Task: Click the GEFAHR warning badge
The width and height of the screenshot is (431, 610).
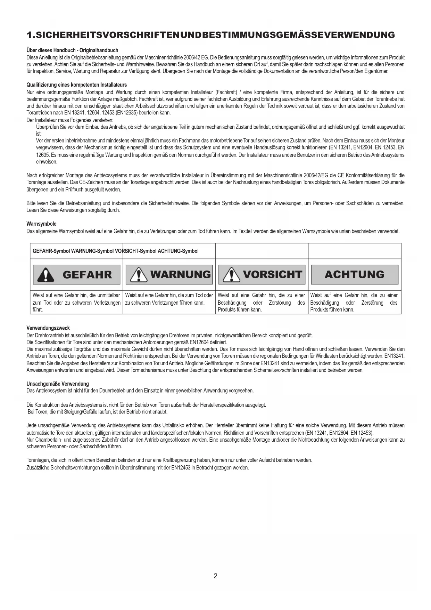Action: point(76,275)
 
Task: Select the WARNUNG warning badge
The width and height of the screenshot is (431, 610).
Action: point(169,275)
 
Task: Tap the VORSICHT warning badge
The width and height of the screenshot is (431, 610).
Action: point(262,275)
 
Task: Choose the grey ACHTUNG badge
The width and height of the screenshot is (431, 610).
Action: point(355,275)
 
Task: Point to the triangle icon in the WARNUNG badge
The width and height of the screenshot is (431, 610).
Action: point(139,275)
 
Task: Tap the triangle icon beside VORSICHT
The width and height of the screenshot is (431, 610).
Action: point(232,275)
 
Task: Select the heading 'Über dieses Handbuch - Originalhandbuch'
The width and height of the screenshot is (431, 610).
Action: point(72,50)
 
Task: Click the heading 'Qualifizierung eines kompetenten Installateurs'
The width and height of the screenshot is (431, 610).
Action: point(76,85)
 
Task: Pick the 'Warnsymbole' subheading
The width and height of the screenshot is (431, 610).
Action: point(41,224)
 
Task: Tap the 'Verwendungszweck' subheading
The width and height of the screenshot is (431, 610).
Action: point(48,328)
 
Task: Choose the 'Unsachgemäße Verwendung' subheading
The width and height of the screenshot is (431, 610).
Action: point(58,384)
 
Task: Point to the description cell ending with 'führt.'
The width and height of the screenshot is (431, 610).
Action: point(76,302)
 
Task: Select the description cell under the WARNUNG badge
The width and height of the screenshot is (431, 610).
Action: point(169,299)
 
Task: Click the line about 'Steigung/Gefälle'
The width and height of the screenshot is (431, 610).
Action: point(98,412)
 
